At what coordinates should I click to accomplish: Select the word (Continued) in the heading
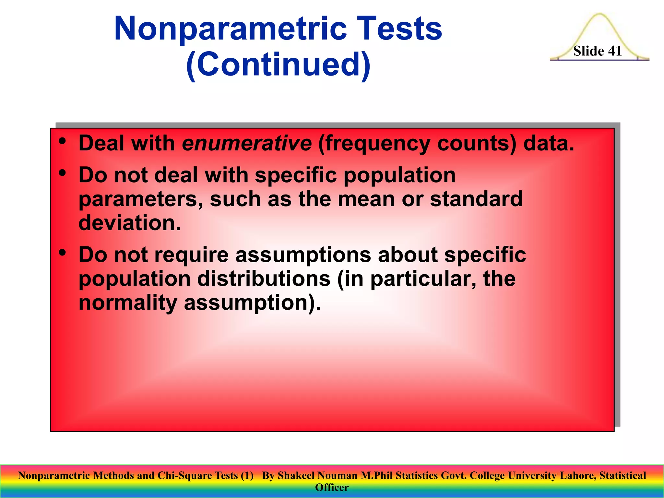278,65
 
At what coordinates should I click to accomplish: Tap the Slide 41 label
597,51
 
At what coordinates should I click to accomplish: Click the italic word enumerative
246,143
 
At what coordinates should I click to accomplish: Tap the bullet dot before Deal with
63,141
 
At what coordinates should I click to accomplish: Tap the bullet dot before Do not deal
63,173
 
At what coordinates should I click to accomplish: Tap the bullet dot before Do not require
63,252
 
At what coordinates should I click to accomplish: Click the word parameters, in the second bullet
141,199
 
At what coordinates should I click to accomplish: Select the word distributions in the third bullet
264,279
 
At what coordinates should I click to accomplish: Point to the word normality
128,303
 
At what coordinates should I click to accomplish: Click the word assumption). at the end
252,303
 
